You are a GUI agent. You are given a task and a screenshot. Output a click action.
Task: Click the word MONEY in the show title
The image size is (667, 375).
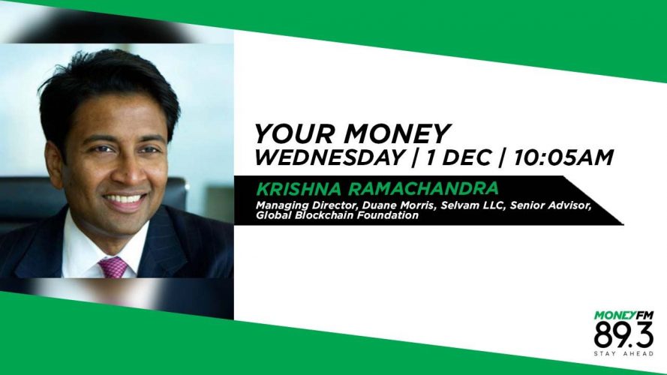pos(397,133)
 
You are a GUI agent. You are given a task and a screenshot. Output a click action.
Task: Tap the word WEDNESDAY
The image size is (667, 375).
pos(329,157)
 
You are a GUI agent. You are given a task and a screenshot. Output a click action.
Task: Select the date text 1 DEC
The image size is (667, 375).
pos(459,157)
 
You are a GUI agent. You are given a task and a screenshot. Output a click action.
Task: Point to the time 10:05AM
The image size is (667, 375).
pos(563,157)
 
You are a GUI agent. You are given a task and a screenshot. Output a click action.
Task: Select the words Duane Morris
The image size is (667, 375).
pos(400,205)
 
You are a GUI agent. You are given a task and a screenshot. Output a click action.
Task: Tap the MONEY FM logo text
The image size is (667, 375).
pos(623,316)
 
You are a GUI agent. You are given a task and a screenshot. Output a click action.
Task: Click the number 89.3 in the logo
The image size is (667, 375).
pos(623,335)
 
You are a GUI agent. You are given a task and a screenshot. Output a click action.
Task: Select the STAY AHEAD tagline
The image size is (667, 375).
pos(623,354)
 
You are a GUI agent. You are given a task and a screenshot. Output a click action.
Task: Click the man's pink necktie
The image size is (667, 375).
pos(113,268)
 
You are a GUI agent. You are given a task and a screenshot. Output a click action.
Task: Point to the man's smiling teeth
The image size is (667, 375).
pos(125,199)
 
